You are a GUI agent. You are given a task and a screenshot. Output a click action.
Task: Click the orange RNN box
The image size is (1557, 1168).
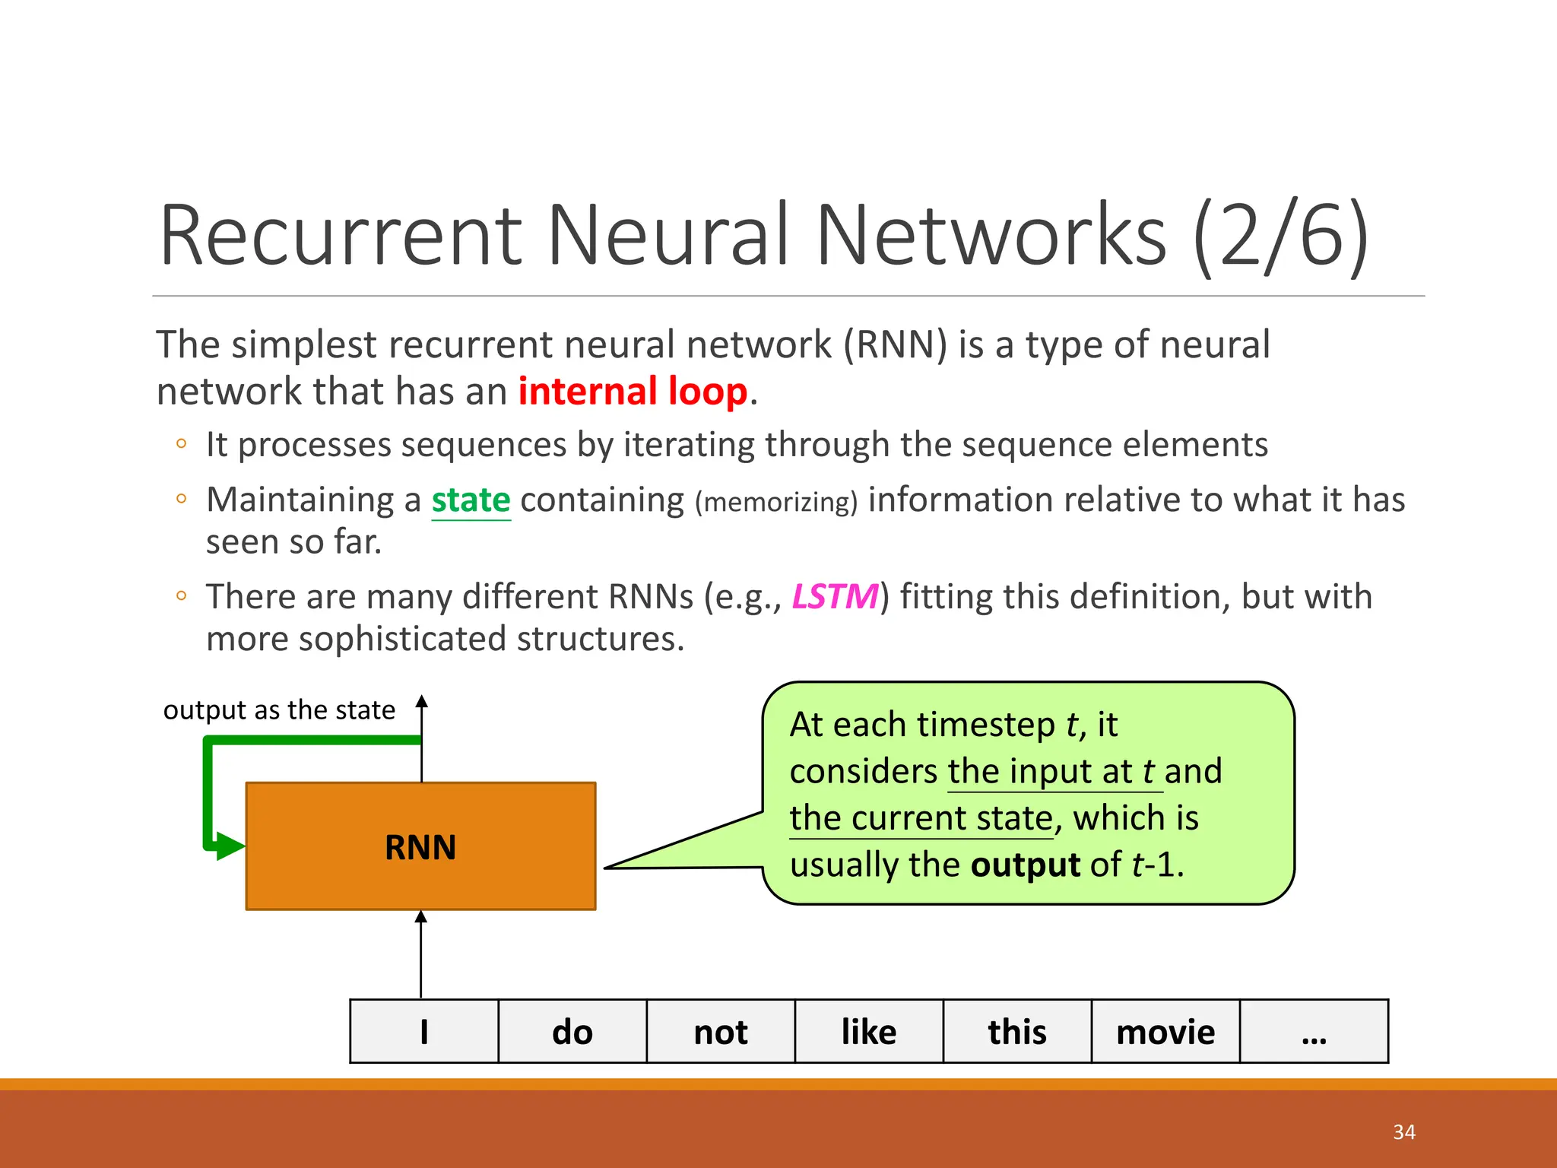click(x=420, y=846)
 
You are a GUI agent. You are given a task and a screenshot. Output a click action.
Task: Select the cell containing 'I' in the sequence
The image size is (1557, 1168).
click(x=424, y=1032)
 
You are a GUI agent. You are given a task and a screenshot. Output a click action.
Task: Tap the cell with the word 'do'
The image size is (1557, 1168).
click(x=572, y=1032)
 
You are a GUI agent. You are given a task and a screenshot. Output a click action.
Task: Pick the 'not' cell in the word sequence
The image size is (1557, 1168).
click(x=721, y=1032)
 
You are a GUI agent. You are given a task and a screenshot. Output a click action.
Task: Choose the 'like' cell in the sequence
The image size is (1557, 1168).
click(x=869, y=1032)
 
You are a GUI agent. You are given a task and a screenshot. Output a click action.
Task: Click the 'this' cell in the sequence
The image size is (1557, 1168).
click(x=1017, y=1032)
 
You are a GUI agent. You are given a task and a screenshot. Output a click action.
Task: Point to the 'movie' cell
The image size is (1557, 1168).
click(x=1165, y=1032)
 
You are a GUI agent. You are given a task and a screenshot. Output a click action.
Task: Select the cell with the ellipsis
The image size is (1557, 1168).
click(x=1314, y=1032)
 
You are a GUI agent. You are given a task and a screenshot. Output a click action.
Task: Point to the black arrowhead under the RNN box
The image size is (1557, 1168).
click(x=421, y=918)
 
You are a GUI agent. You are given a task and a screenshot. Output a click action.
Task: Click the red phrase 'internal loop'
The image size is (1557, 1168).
click(x=633, y=392)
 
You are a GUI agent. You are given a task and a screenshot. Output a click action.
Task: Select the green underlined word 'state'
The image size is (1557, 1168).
click(x=471, y=500)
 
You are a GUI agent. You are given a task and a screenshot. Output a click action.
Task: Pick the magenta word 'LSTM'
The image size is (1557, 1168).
click(x=835, y=597)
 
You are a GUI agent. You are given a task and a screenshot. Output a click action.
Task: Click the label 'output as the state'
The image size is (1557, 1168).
click(x=279, y=710)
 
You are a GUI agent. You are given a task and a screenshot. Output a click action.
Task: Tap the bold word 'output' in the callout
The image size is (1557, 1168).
click(x=1026, y=865)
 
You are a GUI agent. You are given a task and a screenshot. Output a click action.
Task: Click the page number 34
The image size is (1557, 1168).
click(x=1404, y=1132)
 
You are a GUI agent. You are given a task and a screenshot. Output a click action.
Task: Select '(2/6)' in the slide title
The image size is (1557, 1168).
click(x=1280, y=236)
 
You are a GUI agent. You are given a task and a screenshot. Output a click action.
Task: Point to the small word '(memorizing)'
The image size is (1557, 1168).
click(x=776, y=503)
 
